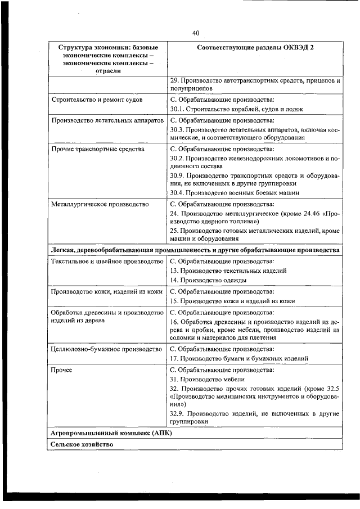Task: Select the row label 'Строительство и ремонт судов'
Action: coord(96,100)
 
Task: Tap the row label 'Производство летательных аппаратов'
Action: coord(107,120)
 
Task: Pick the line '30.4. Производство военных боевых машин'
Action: coord(235,192)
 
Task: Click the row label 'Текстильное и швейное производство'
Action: coord(107,262)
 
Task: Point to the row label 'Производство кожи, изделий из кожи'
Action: coord(107,292)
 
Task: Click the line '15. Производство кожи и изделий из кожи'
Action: coord(232,301)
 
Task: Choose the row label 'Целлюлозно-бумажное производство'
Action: coord(106,349)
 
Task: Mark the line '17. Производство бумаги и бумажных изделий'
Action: coord(238,358)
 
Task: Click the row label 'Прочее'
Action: coord(61,370)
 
